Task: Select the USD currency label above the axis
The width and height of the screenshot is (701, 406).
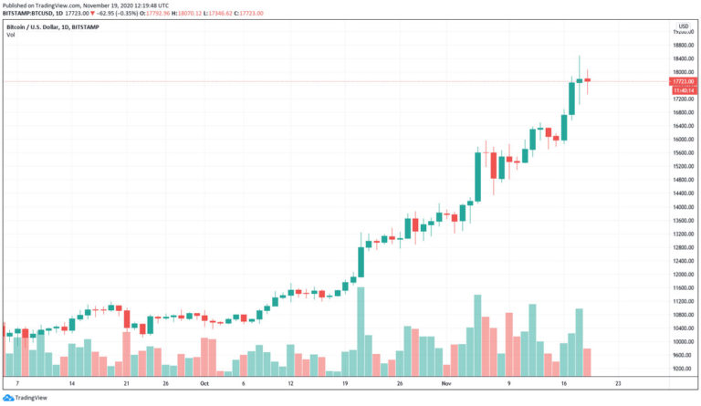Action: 682,26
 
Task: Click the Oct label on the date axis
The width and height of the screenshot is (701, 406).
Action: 204,384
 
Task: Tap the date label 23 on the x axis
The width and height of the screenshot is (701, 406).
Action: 619,384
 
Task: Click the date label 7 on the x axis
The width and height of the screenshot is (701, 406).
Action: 17,384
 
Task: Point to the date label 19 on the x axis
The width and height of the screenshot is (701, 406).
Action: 345,384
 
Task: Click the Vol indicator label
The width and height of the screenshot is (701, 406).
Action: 10,34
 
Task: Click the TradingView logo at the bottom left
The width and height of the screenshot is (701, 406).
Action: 27,398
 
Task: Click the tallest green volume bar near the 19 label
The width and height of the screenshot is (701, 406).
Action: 361,332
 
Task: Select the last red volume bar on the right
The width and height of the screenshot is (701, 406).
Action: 588,362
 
